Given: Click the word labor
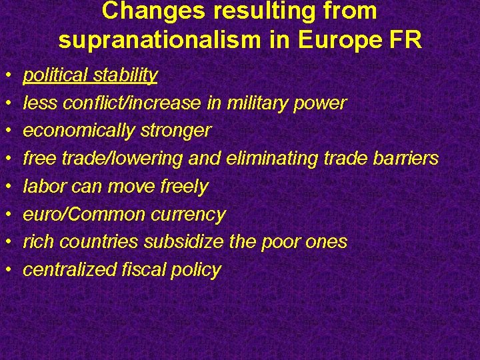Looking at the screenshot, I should pos(45,187).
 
